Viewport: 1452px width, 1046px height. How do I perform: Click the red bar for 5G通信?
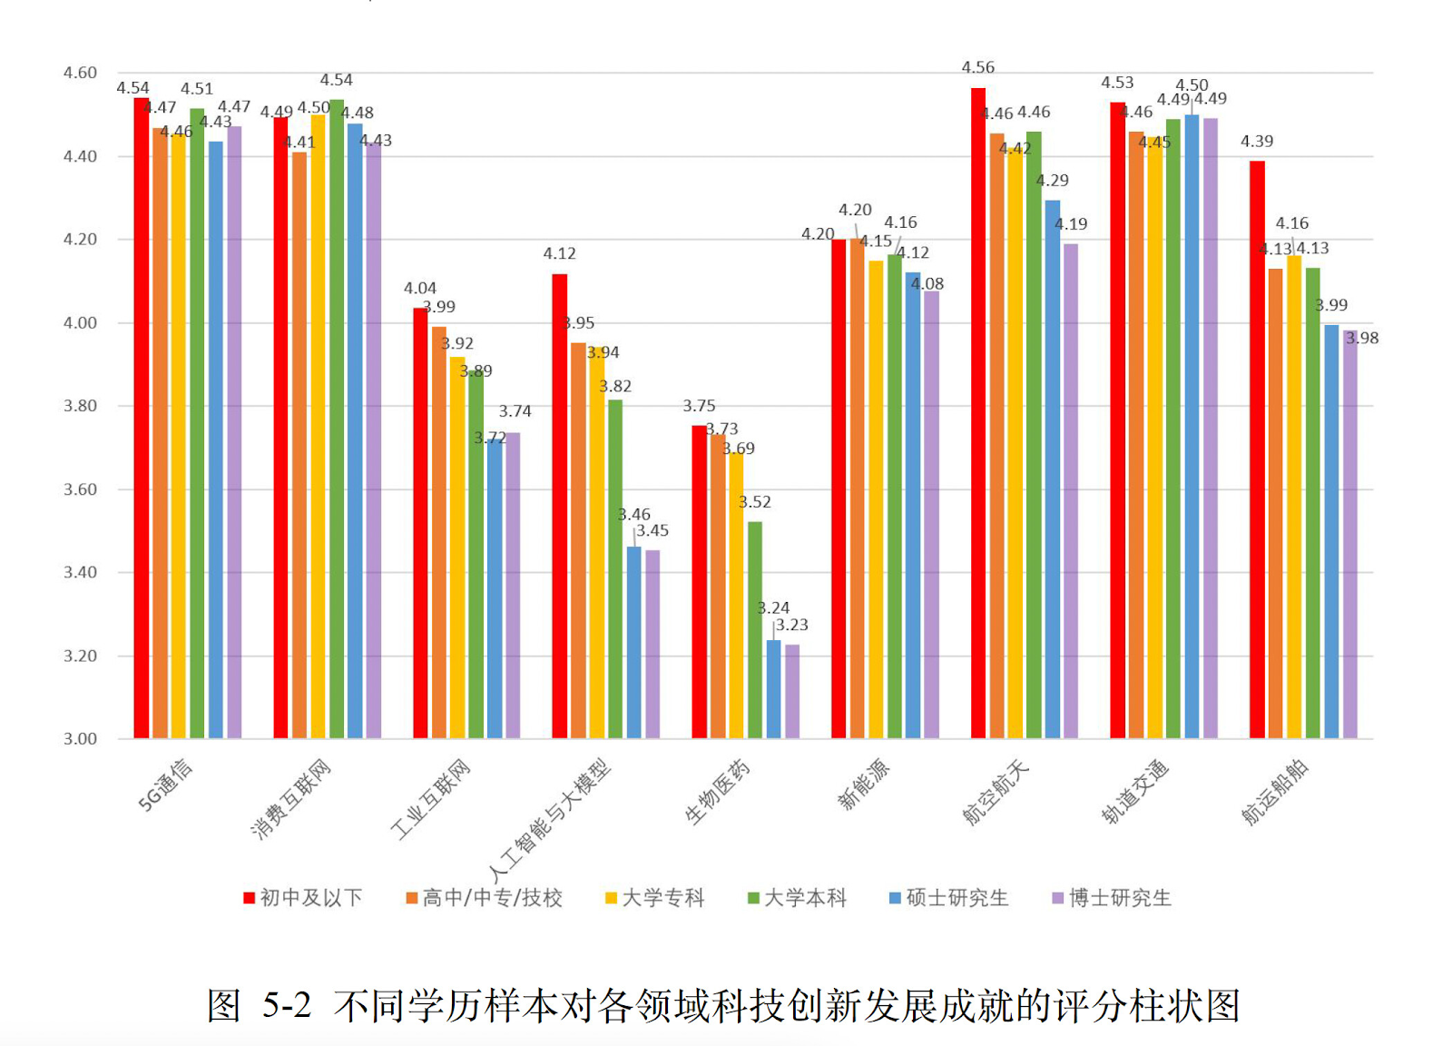pyautogui.click(x=142, y=418)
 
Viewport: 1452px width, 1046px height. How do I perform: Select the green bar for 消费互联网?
pyautogui.click(x=337, y=418)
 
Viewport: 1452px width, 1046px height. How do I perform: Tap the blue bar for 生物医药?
pyautogui.click(x=773, y=689)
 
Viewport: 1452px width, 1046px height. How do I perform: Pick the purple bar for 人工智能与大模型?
pyautogui.click(x=652, y=644)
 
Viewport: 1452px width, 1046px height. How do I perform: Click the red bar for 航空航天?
pyautogui.click(x=978, y=413)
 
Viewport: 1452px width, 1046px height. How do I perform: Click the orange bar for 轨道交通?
pyautogui.click(x=1136, y=435)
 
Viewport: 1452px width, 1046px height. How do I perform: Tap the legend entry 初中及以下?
pyautogui.click(x=303, y=898)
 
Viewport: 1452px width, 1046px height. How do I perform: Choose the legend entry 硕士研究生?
pyautogui.click(x=949, y=898)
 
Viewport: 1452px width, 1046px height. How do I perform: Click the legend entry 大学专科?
pyautogui.click(x=655, y=898)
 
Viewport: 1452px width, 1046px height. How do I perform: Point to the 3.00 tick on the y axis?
pyautogui.click(x=80, y=739)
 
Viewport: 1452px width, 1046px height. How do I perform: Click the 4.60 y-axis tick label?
pyautogui.click(x=80, y=73)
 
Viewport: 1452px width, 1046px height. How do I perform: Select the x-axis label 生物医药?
pyautogui.click(x=718, y=792)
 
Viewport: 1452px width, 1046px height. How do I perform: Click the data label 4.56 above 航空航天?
pyautogui.click(x=978, y=67)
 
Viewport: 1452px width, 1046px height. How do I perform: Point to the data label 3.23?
pyautogui.click(x=792, y=625)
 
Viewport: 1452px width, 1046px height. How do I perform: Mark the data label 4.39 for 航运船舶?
pyautogui.click(x=1257, y=141)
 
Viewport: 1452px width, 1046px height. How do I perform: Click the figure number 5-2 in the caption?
pyautogui.click(x=287, y=1006)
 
